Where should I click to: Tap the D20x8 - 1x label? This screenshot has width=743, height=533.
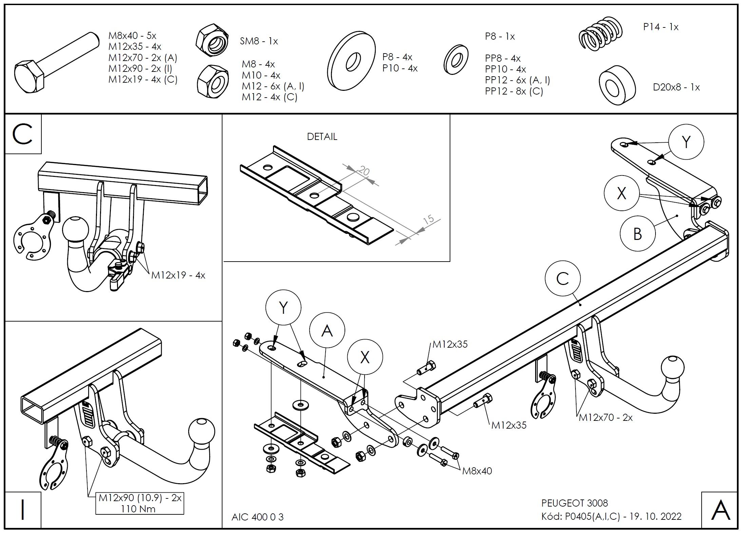[x=676, y=87]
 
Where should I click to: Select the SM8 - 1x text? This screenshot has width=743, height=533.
[x=259, y=41]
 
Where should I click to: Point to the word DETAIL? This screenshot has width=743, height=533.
[x=322, y=137]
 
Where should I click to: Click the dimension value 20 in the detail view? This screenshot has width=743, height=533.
[x=364, y=171]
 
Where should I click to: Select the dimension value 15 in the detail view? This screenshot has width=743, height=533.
[x=429, y=219]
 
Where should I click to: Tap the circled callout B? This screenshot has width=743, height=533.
[x=638, y=233]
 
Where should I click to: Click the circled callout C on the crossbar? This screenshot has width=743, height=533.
[x=563, y=279]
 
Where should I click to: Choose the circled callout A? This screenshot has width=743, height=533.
[x=327, y=330]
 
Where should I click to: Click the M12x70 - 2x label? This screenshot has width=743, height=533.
[x=606, y=417]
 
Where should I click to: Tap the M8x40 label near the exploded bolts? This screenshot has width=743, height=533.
[x=477, y=471]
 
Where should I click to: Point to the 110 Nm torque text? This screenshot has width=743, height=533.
[x=138, y=509]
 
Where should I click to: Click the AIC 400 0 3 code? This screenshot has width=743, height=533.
[x=257, y=517]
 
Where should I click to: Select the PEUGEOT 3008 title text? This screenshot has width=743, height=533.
[x=574, y=503]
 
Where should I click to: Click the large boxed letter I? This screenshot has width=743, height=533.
[x=23, y=510]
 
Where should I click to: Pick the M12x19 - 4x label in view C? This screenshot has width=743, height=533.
[x=178, y=275]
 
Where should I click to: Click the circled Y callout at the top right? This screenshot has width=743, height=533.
[x=686, y=142]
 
